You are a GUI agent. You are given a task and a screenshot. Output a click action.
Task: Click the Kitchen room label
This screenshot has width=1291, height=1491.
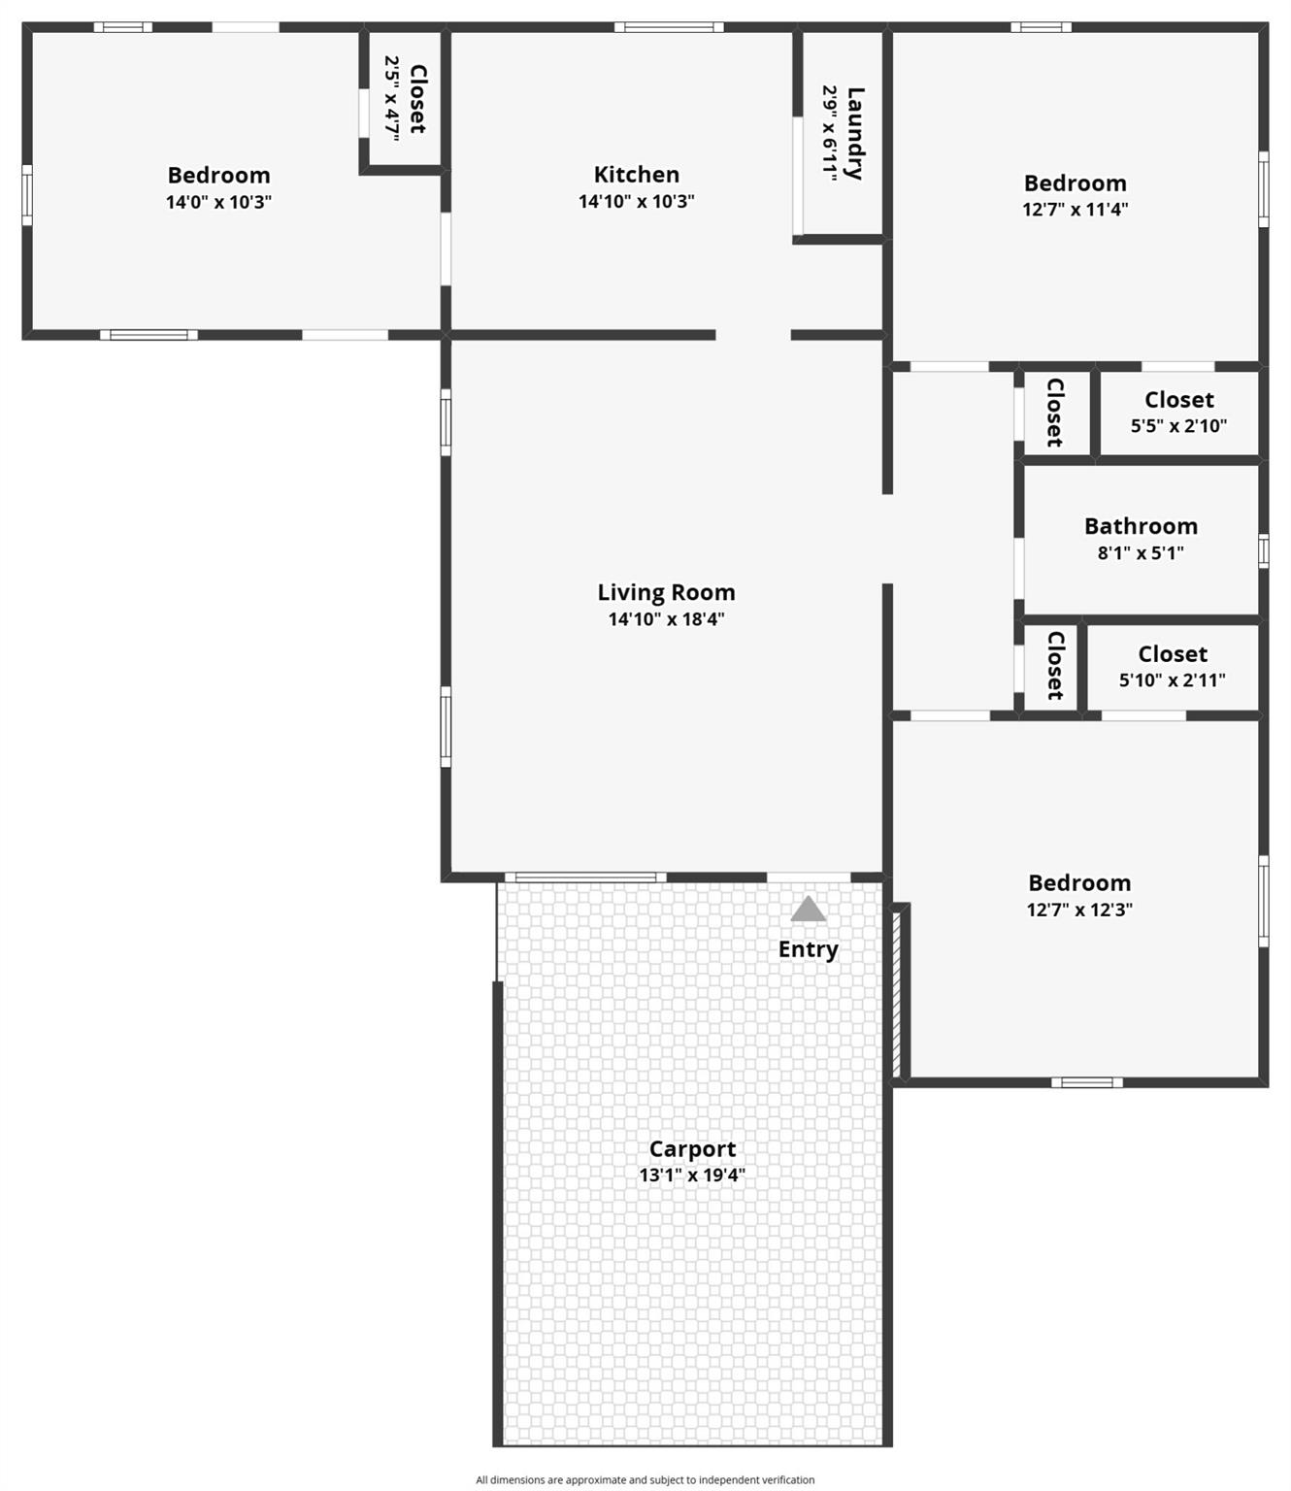[x=636, y=175]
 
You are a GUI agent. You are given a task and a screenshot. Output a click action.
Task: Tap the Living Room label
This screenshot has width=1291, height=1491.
[x=666, y=592]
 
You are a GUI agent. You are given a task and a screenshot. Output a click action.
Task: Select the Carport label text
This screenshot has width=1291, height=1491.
[x=692, y=1149]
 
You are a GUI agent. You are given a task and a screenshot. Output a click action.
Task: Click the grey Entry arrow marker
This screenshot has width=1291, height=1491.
[x=808, y=910]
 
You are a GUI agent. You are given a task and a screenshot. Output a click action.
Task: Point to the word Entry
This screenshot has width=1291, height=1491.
[x=808, y=949]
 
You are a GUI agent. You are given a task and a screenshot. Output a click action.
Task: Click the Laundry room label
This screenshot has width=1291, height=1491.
[x=855, y=133]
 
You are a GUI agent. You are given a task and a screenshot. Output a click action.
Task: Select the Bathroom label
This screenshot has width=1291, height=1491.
[x=1141, y=526]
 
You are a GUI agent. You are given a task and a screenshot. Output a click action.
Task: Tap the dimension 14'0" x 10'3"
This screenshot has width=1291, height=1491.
[x=218, y=202]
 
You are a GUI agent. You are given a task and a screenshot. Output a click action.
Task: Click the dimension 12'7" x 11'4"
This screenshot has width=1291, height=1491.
[x=1075, y=209]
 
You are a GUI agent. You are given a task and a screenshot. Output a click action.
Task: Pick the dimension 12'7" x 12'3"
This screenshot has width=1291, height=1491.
[x=1079, y=910]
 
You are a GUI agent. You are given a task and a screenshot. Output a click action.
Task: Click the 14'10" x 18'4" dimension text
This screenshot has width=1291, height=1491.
[x=666, y=619]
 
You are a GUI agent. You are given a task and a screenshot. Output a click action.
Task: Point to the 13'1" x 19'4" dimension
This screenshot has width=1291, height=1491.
[x=692, y=1175]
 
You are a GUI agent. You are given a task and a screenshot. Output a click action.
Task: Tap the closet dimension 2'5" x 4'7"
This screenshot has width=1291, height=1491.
[x=392, y=99]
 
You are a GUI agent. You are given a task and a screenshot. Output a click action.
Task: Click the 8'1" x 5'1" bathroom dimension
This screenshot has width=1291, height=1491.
[x=1141, y=553]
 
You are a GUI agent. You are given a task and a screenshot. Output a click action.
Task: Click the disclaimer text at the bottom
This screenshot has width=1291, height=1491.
[x=645, y=1479]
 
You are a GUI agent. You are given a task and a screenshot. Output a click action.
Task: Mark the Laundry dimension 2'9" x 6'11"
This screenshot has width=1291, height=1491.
[x=830, y=133]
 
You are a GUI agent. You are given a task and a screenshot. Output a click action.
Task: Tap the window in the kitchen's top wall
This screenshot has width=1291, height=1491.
[x=669, y=27]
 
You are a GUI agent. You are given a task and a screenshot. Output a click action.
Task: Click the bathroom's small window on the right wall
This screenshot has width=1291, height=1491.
[x=1263, y=551]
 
